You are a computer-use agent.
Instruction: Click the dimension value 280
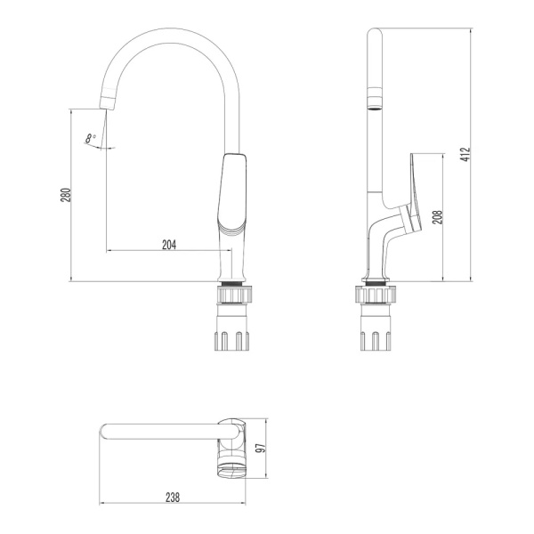point(65,196)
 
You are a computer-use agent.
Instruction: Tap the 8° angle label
point(90,138)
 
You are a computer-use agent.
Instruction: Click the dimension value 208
point(437,217)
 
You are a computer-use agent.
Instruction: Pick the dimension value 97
point(260,449)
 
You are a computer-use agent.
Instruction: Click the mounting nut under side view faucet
point(375,294)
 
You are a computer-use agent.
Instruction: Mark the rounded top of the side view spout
point(375,36)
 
